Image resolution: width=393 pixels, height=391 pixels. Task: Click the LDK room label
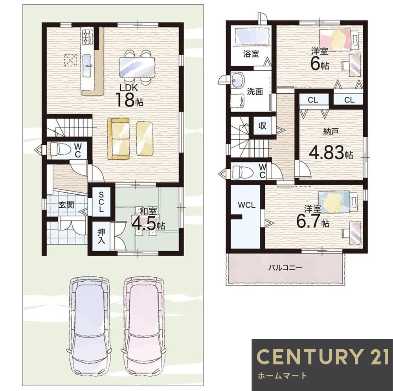pyautogui.click(x=129, y=88)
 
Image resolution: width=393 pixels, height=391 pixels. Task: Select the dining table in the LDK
pyautogui.click(x=137, y=67)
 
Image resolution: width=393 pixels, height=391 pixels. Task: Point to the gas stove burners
pyautogui.click(x=86, y=36)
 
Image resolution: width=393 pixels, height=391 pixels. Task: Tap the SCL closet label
pyautogui.click(x=101, y=202)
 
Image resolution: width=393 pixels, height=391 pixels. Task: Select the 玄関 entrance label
pyautogui.click(x=66, y=205)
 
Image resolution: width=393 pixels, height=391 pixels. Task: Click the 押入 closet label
pyautogui.click(x=101, y=236)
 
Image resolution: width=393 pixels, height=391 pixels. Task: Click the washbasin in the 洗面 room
pyautogui.click(x=237, y=80)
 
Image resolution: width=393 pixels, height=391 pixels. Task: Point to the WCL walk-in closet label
pyautogui.click(x=246, y=205)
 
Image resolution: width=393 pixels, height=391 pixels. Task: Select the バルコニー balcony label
pyautogui.click(x=285, y=268)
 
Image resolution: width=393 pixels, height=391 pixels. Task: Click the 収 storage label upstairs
pyautogui.click(x=263, y=125)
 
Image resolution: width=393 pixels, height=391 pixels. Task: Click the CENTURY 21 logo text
pyautogui.click(x=323, y=356)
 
